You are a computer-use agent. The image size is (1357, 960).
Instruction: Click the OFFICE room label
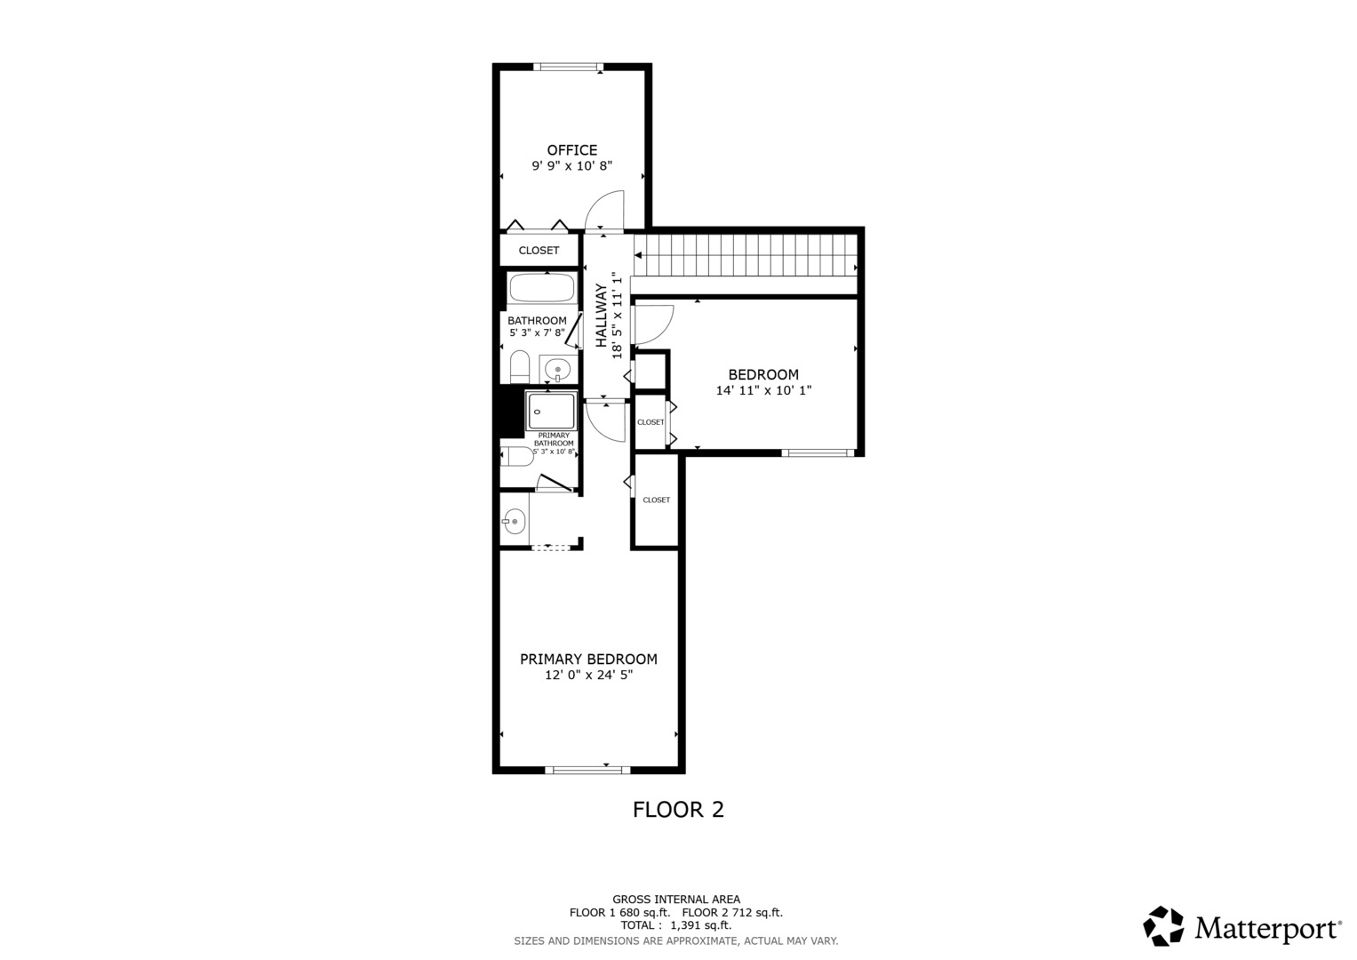click(x=572, y=149)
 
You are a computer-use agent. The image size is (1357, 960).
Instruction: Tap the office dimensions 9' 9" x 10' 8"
click(x=572, y=165)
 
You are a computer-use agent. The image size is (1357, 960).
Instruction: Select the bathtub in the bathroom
click(x=541, y=288)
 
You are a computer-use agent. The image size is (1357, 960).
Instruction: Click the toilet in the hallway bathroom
click(x=520, y=366)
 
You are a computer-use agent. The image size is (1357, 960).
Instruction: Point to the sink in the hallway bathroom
click(x=557, y=369)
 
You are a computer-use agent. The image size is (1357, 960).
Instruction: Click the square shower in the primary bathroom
click(x=551, y=411)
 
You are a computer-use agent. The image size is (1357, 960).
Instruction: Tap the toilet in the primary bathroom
click(x=516, y=456)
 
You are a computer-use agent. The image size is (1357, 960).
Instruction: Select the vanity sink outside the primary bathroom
click(x=514, y=521)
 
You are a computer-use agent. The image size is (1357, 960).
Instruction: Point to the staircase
click(x=745, y=255)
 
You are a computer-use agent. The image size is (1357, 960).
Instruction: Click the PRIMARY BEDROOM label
click(x=588, y=659)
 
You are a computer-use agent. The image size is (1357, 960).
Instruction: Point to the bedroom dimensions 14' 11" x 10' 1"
click(x=763, y=390)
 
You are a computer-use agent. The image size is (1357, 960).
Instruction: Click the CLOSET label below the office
click(x=539, y=251)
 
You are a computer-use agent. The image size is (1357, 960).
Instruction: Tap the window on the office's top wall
click(x=568, y=67)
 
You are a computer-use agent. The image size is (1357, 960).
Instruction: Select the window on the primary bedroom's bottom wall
click(x=587, y=770)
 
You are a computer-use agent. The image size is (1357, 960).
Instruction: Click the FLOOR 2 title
click(x=678, y=810)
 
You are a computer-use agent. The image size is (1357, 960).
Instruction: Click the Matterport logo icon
click(x=1163, y=926)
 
